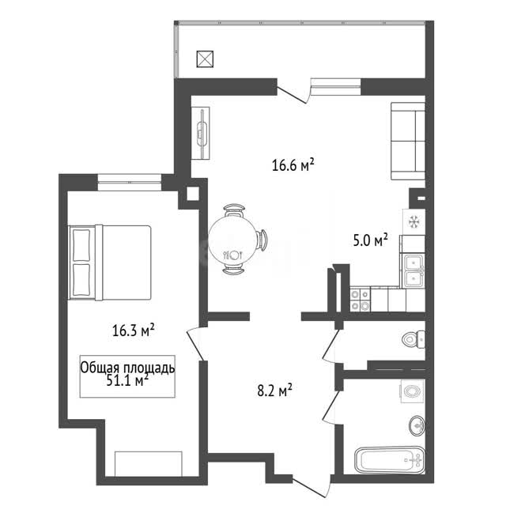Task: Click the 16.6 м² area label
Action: pos(293,165)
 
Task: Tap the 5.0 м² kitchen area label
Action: pos(370,240)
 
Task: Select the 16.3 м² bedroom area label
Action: pos(134,330)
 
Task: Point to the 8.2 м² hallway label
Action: pos(274,390)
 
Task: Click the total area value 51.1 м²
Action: pos(127,381)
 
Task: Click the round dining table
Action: pos(233,239)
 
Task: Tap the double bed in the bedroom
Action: pos(110,262)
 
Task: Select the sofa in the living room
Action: pos(408,141)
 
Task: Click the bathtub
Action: pos(390,460)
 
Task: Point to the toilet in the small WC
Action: pos(413,339)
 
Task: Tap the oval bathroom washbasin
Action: pos(417,425)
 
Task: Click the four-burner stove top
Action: pos(361,300)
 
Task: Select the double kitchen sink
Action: pos(413,270)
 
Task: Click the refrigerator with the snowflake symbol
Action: pos(413,221)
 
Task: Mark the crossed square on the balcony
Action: pos(206,59)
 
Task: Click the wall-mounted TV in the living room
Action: pos(201,134)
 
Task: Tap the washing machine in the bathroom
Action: pos(412,391)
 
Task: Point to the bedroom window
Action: pos(130,183)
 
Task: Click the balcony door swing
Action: pos(293,95)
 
